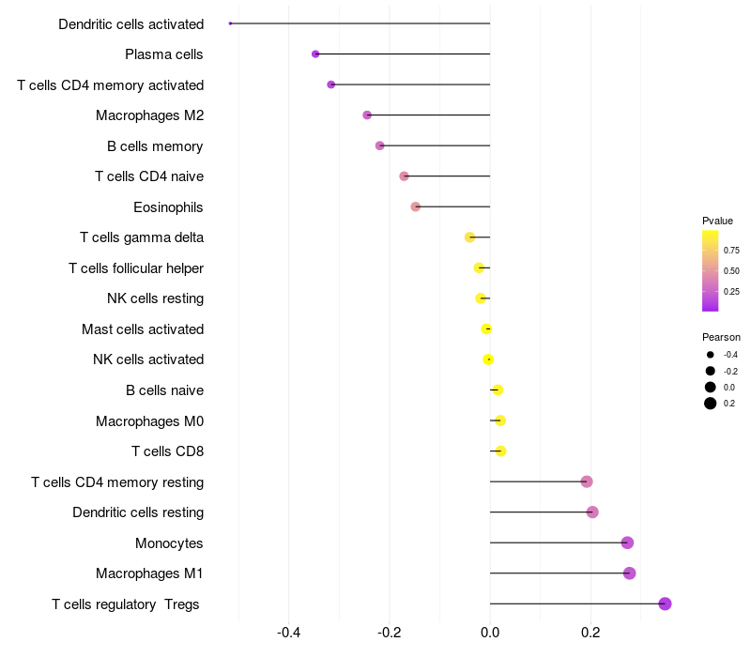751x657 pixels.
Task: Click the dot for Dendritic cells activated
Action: tap(230, 23)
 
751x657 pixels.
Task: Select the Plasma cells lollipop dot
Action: tap(315, 54)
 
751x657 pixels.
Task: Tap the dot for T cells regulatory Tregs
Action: tap(666, 604)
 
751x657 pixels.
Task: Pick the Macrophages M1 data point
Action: tap(630, 573)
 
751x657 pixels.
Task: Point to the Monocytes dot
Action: tap(628, 542)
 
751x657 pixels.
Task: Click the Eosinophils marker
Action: tap(416, 206)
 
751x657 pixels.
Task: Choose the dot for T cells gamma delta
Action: tap(470, 237)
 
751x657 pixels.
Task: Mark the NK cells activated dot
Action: tap(488, 359)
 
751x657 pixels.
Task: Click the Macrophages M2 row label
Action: tap(149, 115)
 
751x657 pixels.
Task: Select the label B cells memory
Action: tap(155, 146)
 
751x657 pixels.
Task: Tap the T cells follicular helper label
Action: tap(136, 268)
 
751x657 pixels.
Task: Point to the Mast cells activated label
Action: tap(143, 329)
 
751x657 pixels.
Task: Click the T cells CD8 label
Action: tap(167, 451)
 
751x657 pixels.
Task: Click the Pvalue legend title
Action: tap(717, 221)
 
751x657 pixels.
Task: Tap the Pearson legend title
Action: tap(721, 337)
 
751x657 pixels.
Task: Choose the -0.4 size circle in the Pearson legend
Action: tap(711, 355)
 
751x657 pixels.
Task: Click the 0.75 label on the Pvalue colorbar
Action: tap(731, 251)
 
